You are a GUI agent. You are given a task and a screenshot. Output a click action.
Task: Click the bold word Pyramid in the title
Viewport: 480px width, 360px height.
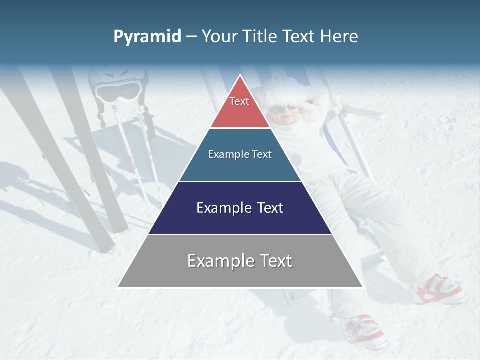[147, 37]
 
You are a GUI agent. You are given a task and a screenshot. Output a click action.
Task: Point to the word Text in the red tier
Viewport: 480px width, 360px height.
[239, 101]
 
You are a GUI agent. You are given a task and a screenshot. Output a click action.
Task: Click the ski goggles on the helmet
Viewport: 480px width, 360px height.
[118, 91]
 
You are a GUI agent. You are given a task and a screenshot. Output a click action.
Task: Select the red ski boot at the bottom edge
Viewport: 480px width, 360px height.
[363, 330]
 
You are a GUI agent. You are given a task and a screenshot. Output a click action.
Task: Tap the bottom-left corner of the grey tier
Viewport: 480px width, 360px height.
[118, 287]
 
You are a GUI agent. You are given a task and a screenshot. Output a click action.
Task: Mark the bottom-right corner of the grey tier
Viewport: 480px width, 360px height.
[363, 287]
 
